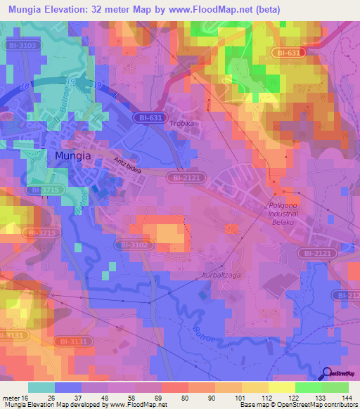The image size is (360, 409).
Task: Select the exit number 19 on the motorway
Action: (98, 84)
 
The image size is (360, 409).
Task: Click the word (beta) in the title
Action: (266, 9)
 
